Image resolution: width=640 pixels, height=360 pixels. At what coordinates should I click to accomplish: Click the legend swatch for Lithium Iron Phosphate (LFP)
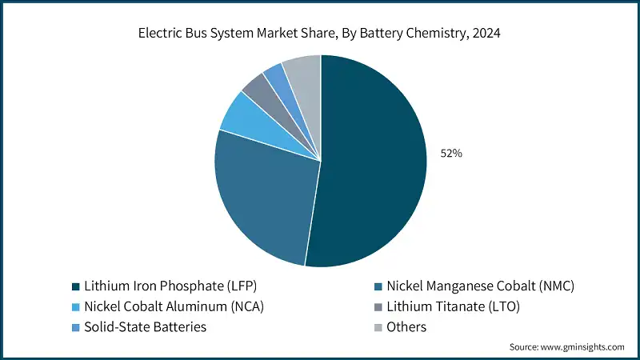click(75, 286)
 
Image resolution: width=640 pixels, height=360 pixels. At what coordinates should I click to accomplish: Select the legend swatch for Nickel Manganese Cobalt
click(378, 286)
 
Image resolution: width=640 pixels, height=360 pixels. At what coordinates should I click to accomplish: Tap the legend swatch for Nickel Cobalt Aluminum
click(75, 306)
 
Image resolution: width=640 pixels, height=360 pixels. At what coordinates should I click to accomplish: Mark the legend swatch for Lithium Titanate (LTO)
click(378, 306)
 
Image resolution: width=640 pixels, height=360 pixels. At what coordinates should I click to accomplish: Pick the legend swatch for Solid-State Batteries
click(75, 327)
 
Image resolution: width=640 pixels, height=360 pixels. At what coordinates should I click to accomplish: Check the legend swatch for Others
click(378, 327)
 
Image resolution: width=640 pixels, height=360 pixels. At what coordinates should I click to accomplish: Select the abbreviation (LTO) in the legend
click(504, 306)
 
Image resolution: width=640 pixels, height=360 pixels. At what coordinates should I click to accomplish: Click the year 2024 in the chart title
click(487, 34)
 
